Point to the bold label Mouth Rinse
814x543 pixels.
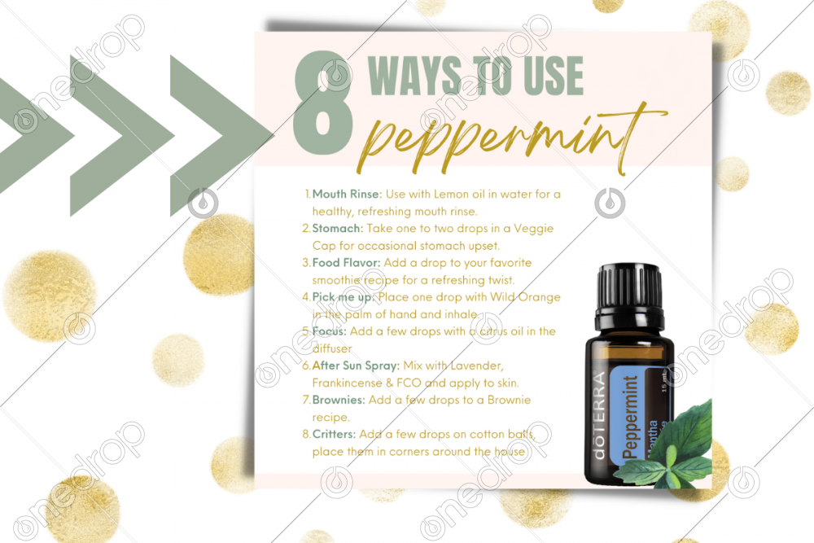[x=347, y=194]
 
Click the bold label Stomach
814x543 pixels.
[x=338, y=229]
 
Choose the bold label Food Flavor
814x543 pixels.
[x=346, y=263]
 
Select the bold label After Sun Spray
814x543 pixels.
[x=356, y=366]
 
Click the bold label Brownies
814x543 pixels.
[x=339, y=400]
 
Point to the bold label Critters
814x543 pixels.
[x=334, y=434]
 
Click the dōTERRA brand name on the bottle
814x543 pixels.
[x=598, y=416]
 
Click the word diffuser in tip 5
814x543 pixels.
[x=332, y=349]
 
